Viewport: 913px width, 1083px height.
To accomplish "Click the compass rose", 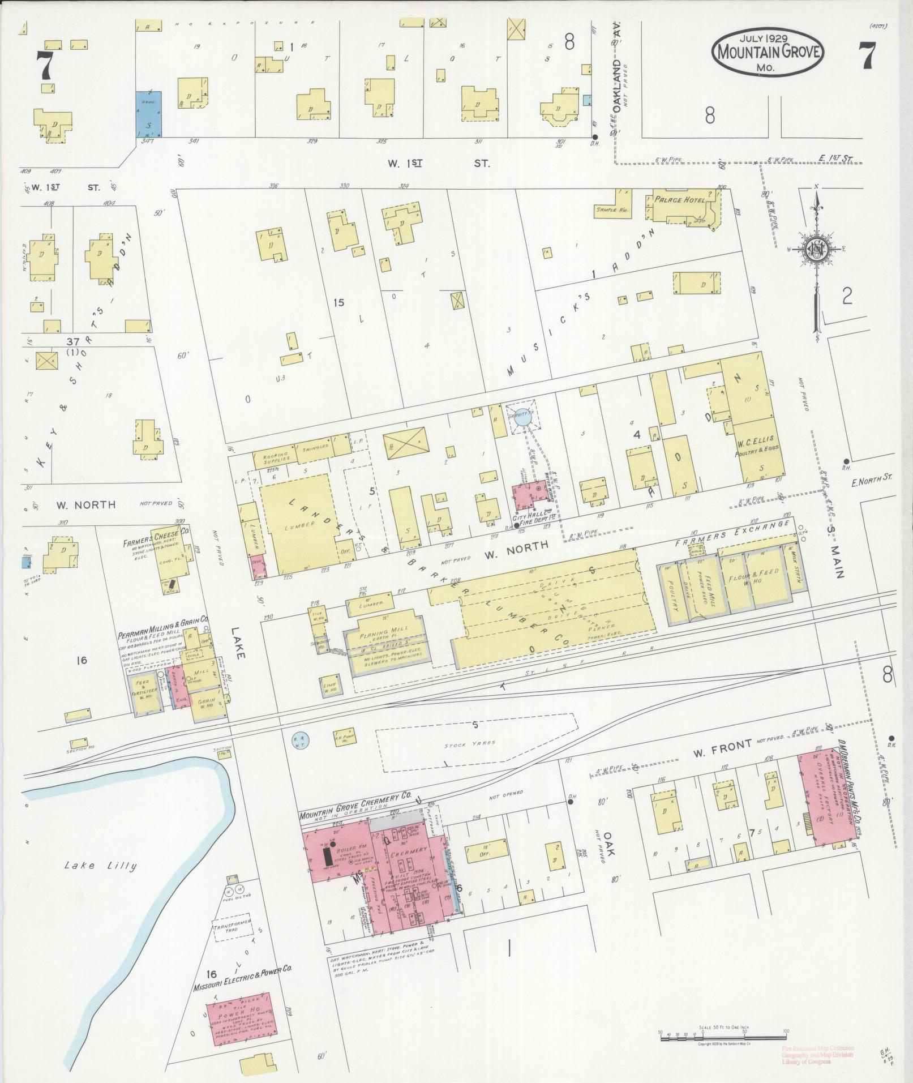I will pyautogui.click(x=817, y=250).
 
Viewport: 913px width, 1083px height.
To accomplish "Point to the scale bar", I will pyautogui.click(x=723, y=1032).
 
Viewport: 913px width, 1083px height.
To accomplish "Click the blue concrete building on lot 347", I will pyautogui.click(x=149, y=114).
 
